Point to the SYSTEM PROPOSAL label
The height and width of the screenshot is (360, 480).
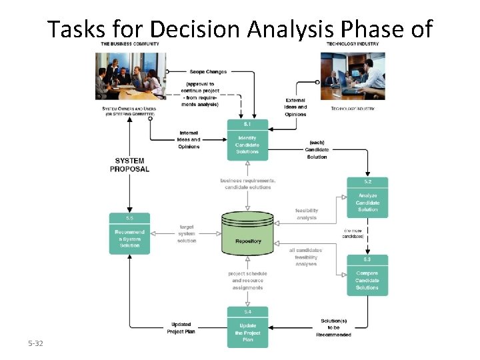point(129,165)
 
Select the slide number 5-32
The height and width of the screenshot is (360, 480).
point(35,343)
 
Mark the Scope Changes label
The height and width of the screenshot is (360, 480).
point(208,71)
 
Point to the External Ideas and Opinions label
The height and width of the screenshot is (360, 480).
point(295,107)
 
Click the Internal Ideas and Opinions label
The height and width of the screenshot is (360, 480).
point(189,139)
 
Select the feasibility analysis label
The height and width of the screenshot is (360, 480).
point(306,214)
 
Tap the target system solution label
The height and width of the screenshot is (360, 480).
point(187,233)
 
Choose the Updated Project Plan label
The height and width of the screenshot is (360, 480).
point(181,328)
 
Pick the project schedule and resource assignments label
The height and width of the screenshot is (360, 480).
point(247,281)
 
